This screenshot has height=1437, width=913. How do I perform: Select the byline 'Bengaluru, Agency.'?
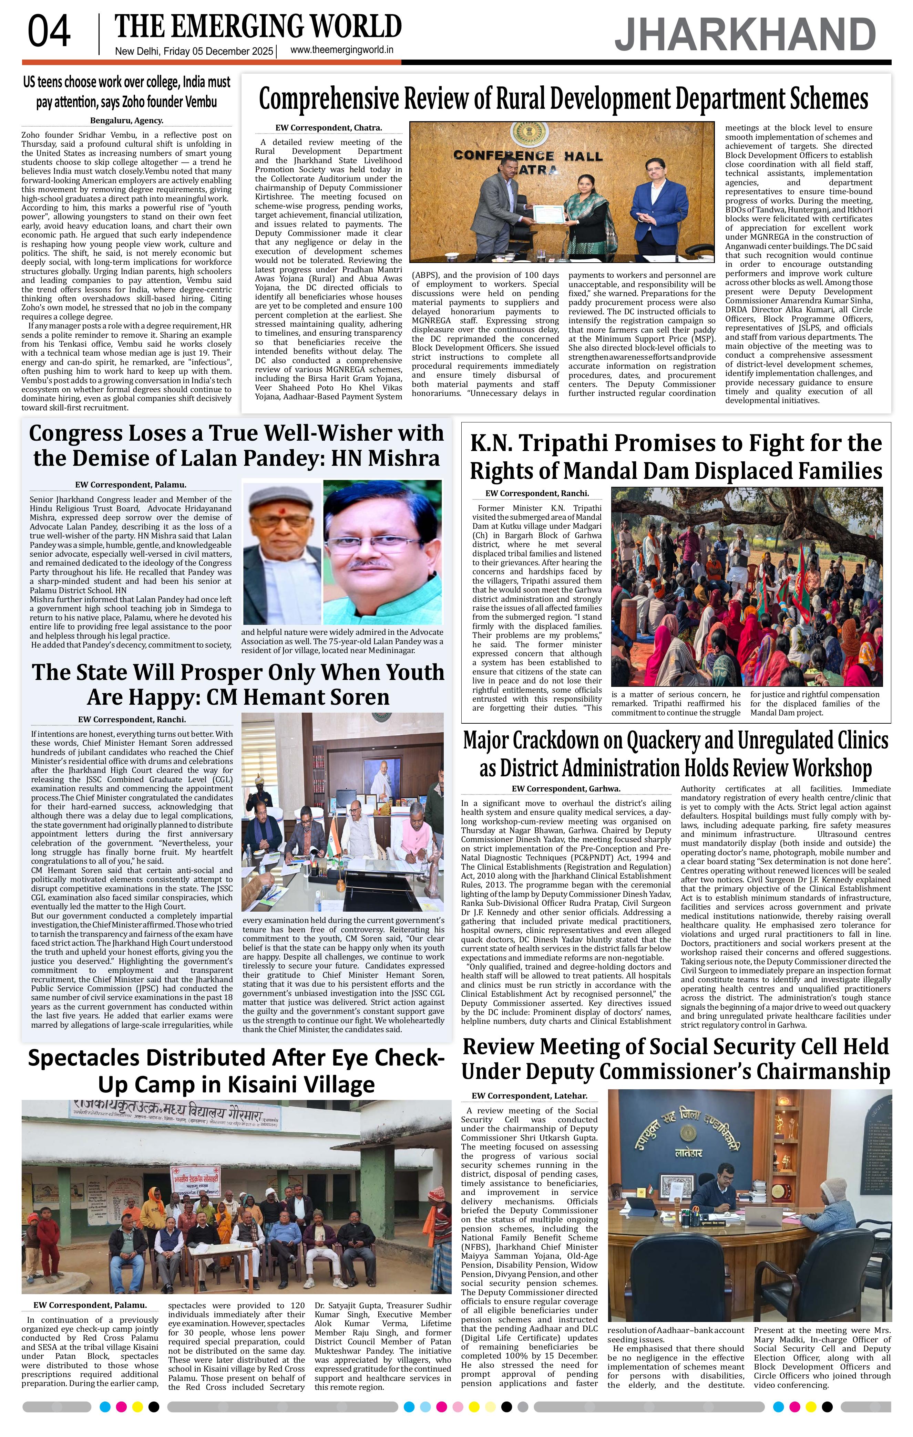pos(126,120)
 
